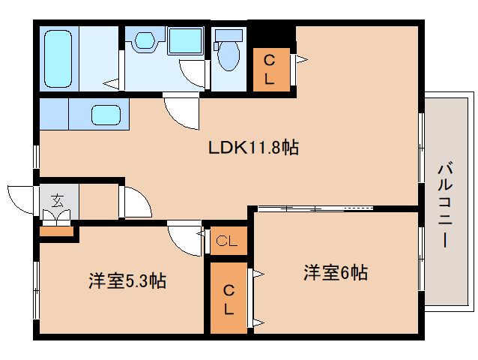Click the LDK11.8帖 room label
click(253, 148)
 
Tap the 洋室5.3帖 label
click(127, 281)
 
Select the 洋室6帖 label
click(335, 272)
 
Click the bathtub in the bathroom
click(58, 58)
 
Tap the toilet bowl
click(228, 53)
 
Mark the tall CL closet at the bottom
click(227, 298)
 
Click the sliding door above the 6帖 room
click(315, 208)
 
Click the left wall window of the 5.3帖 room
click(35, 285)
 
